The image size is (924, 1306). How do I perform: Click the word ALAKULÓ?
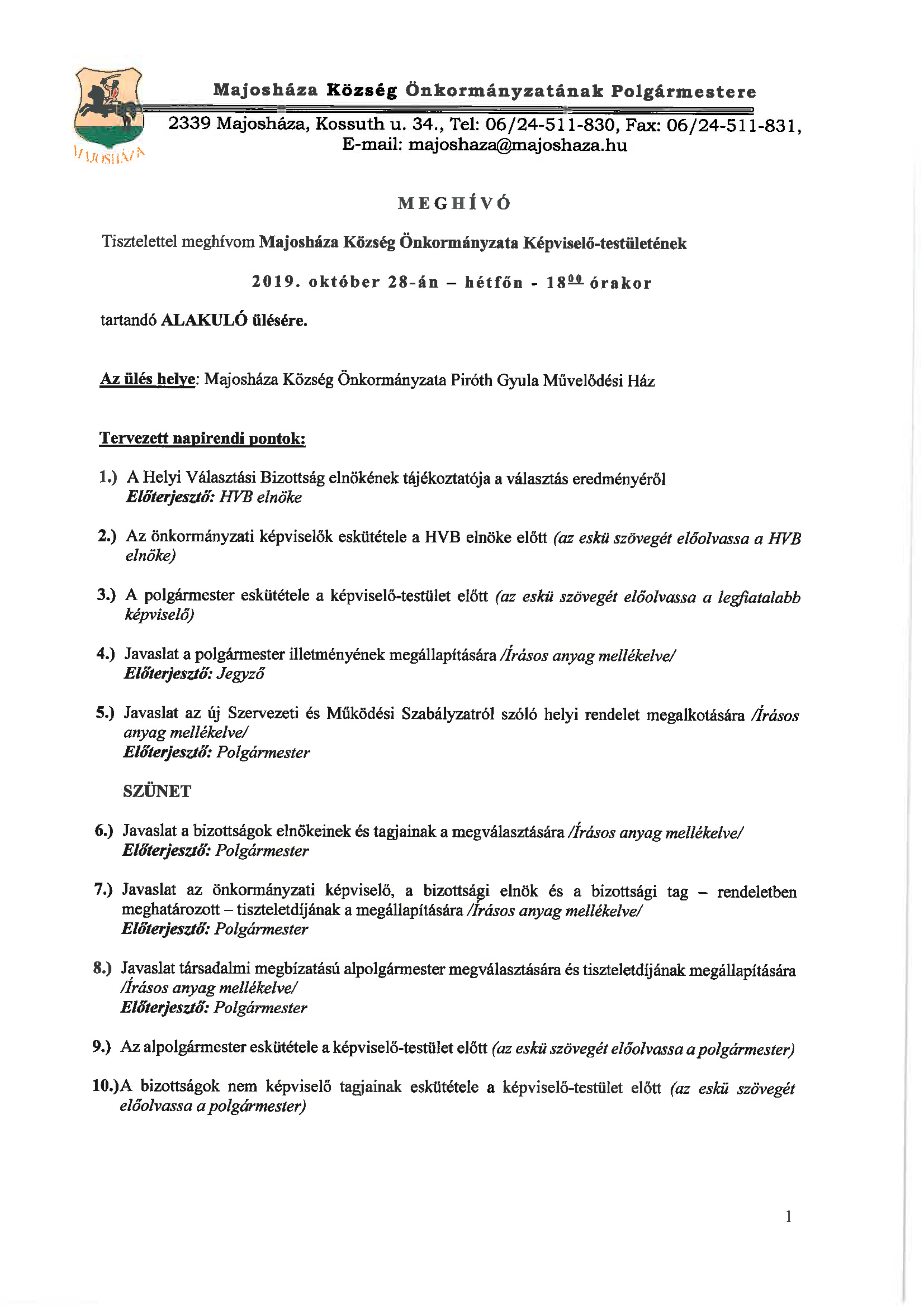click(204, 320)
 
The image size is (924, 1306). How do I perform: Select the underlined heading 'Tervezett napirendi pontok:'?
click(202, 439)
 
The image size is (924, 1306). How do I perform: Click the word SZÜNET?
click(157, 791)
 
